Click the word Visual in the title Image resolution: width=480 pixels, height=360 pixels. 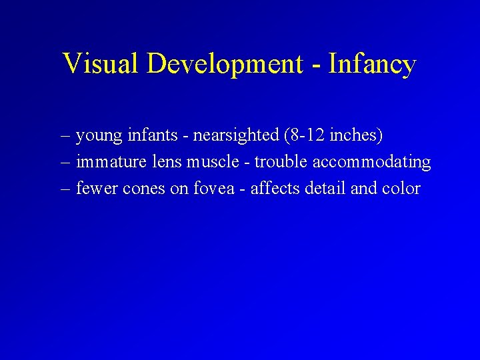coord(101,64)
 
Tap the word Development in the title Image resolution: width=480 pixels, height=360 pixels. coord(225,64)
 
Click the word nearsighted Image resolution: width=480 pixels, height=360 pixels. coord(236,136)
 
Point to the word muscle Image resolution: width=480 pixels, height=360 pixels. coord(215,162)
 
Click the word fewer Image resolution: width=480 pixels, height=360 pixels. coord(95,189)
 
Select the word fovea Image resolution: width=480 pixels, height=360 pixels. coord(213,189)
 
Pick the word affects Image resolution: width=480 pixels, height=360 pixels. coord(275,189)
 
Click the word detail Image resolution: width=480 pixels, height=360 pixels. coord(325,189)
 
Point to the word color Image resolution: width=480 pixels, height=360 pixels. coord(401,189)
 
